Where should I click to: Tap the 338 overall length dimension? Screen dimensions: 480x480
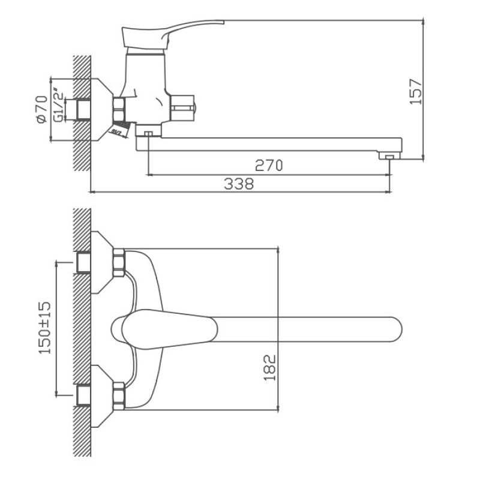(x=239, y=184)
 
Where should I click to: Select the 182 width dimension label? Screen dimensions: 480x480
(x=269, y=367)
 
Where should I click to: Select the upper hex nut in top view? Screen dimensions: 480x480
(x=118, y=262)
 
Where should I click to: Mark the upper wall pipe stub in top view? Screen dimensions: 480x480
(x=83, y=262)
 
